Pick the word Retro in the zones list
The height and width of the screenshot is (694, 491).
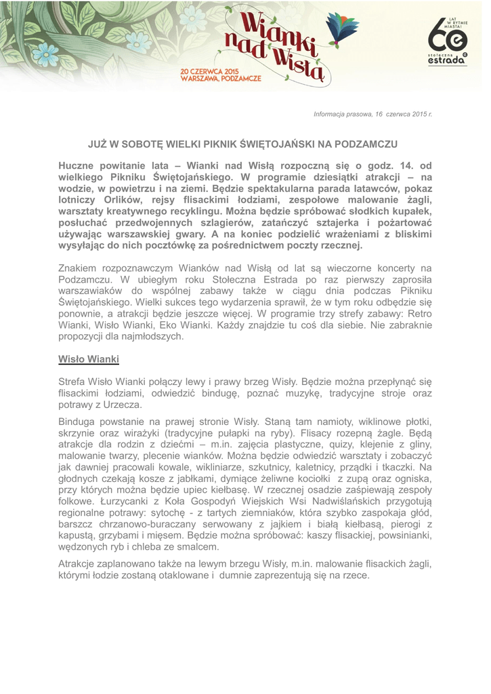click(x=419, y=314)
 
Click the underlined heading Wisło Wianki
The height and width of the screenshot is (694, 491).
click(x=89, y=359)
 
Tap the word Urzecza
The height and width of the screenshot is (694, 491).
click(x=123, y=405)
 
